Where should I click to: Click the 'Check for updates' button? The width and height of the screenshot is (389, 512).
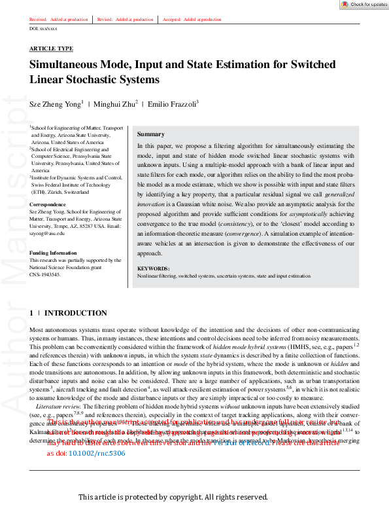pyautogui.click(x=364, y=5)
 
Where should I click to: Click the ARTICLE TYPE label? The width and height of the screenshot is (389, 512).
pyautogui.click(x=51, y=49)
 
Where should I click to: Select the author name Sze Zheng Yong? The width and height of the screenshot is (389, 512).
pyautogui.click(x=55, y=103)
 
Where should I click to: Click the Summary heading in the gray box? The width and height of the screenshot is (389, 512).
pyautogui.click(x=150, y=134)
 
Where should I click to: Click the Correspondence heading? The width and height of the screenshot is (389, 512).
pyautogui.click(x=48, y=205)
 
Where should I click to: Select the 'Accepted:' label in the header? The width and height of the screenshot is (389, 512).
pyautogui.click(x=172, y=20)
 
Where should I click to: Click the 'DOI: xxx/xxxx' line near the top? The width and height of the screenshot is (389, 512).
pyautogui.click(x=44, y=29)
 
